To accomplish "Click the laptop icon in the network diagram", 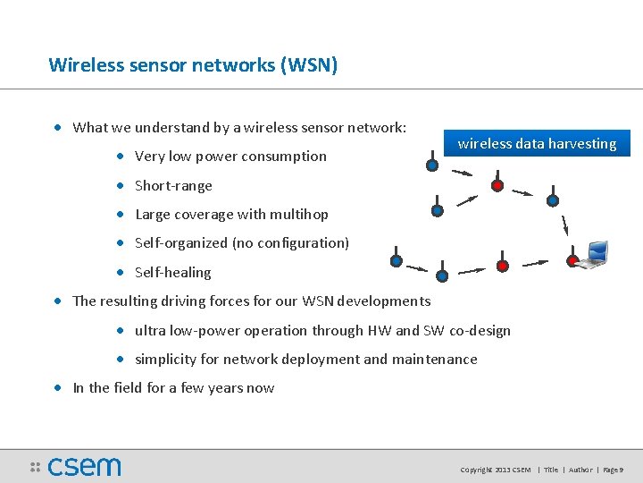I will pyautogui.click(x=593, y=255).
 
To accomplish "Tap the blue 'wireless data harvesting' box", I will pyautogui.click(x=537, y=143).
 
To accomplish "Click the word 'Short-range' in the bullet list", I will pyautogui.click(x=173, y=186).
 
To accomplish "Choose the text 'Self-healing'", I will pyautogui.click(x=173, y=272).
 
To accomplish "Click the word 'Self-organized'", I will pyautogui.click(x=181, y=243).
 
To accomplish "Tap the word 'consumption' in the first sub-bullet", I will pyautogui.click(x=286, y=157).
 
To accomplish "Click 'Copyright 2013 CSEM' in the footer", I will pyautogui.click(x=495, y=469).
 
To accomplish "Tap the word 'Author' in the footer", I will pyautogui.click(x=580, y=469).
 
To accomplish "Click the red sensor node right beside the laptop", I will pyautogui.click(x=572, y=261).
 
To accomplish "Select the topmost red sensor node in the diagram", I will pyautogui.click(x=497, y=186).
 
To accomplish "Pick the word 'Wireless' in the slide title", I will pyautogui.click(x=81, y=65).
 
